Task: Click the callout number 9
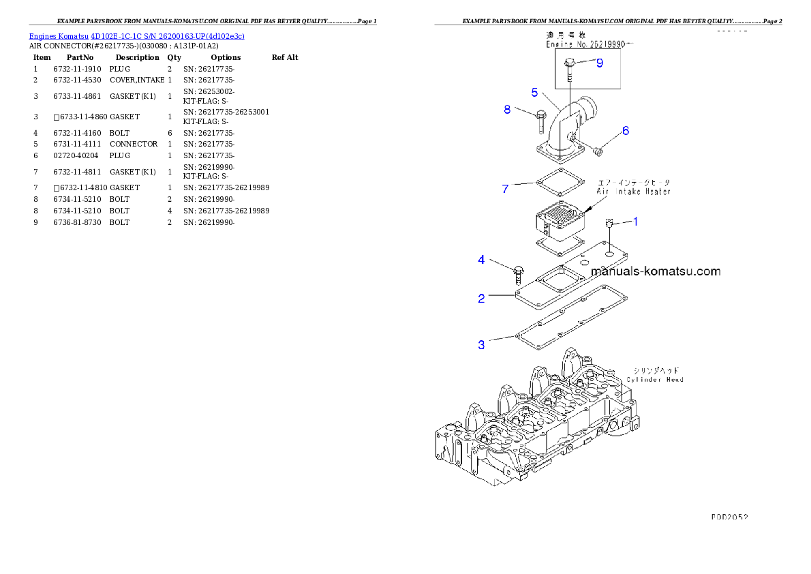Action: pos(599,63)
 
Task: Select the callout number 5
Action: pos(535,92)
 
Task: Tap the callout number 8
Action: pos(507,109)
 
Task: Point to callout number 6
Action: pos(625,131)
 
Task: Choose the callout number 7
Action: pos(505,189)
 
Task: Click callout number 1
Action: pos(635,221)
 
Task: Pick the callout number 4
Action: pos(481,260)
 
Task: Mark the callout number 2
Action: pos(481,298)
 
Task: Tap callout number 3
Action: pos(481,345)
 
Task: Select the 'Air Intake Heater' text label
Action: pos(634,192)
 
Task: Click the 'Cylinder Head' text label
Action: pos(655,379)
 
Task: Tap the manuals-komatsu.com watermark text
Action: pos(656,271)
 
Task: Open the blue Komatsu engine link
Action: pos(136,35)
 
